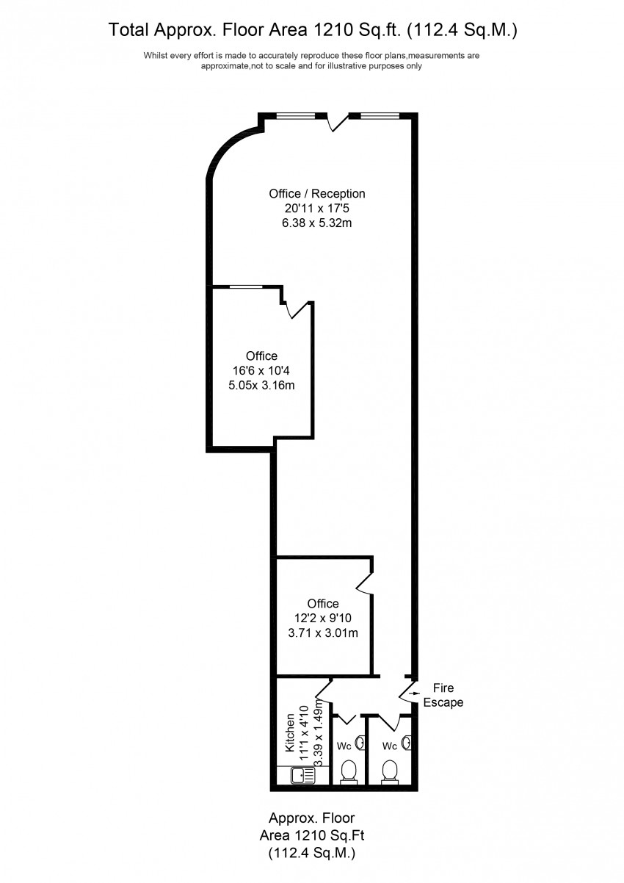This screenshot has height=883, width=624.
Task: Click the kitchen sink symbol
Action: point(301,776)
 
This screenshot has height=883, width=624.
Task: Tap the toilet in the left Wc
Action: point(349,771)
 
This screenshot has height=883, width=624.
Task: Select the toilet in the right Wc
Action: point(391,771)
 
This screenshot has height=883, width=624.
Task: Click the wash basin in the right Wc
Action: point(404,743)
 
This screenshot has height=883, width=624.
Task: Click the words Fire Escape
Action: point(443,695)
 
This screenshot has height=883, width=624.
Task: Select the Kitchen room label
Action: point(290,732)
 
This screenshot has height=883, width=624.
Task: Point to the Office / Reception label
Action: point(317,194)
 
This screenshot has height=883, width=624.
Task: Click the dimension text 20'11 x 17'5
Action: point(317,209)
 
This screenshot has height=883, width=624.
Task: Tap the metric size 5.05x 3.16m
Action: point(262,385)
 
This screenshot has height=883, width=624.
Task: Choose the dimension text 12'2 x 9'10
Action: point(323,618)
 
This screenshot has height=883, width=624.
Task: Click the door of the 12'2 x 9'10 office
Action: point(365,580)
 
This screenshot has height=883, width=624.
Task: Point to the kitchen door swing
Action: point(325,689)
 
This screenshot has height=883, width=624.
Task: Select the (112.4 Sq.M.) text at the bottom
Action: point(312,853)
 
